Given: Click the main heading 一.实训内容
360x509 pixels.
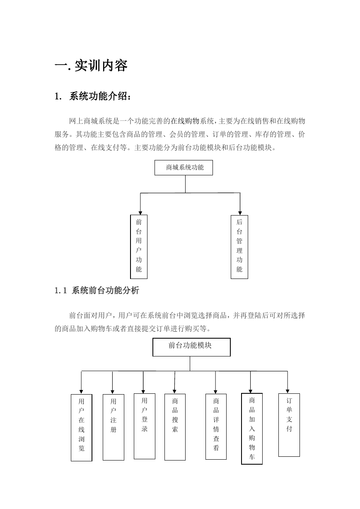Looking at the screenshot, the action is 91,65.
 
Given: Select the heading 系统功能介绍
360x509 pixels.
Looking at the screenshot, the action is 100,96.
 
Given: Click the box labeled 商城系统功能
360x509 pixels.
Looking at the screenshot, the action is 184,167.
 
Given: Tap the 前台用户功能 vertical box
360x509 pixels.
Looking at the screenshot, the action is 139,247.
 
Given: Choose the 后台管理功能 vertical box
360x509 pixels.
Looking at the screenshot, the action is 239,247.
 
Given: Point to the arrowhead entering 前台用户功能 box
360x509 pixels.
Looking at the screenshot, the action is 140,213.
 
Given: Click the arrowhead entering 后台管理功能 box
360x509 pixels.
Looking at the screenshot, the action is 240,213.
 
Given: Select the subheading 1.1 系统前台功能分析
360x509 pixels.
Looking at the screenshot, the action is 97,291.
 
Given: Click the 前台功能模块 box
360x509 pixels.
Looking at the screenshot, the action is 191,347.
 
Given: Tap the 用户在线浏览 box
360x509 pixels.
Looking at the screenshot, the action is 82,427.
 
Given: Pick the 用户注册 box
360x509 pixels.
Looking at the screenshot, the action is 114,427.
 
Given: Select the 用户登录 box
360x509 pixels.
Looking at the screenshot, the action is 145,426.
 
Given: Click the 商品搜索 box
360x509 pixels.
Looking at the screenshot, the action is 175,427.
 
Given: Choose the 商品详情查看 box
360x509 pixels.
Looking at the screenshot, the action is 216,427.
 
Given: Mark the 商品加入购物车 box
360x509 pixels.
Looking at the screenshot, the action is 252,429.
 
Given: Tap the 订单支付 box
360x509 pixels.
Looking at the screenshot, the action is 289,425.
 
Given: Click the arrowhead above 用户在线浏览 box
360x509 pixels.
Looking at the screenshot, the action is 81,392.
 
